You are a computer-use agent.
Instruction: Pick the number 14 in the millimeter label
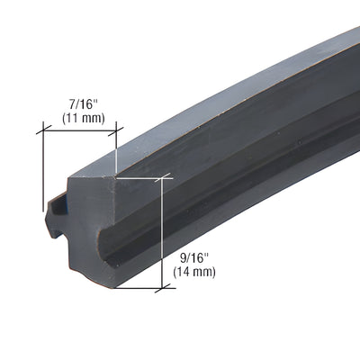186,272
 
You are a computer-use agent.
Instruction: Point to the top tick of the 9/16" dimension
162,178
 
